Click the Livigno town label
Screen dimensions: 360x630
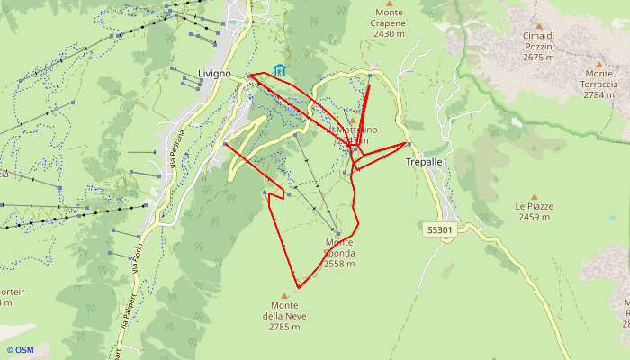[214, 73]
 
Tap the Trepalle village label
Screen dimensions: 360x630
[424, 163]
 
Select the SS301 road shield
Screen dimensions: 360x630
[439, 230]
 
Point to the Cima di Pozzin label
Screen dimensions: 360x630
[538, 41]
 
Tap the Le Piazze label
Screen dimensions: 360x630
[534, 206]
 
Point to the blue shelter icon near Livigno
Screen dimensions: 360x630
[280, 69]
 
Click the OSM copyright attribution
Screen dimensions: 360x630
[20, 350]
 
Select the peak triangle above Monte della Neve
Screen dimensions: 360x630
[285, 295]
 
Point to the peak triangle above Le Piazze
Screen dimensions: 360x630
[534, 195]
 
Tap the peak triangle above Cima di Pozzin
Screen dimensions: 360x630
[538, 26]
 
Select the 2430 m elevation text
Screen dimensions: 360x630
[389, 34]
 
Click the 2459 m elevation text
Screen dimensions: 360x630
[534, 217]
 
